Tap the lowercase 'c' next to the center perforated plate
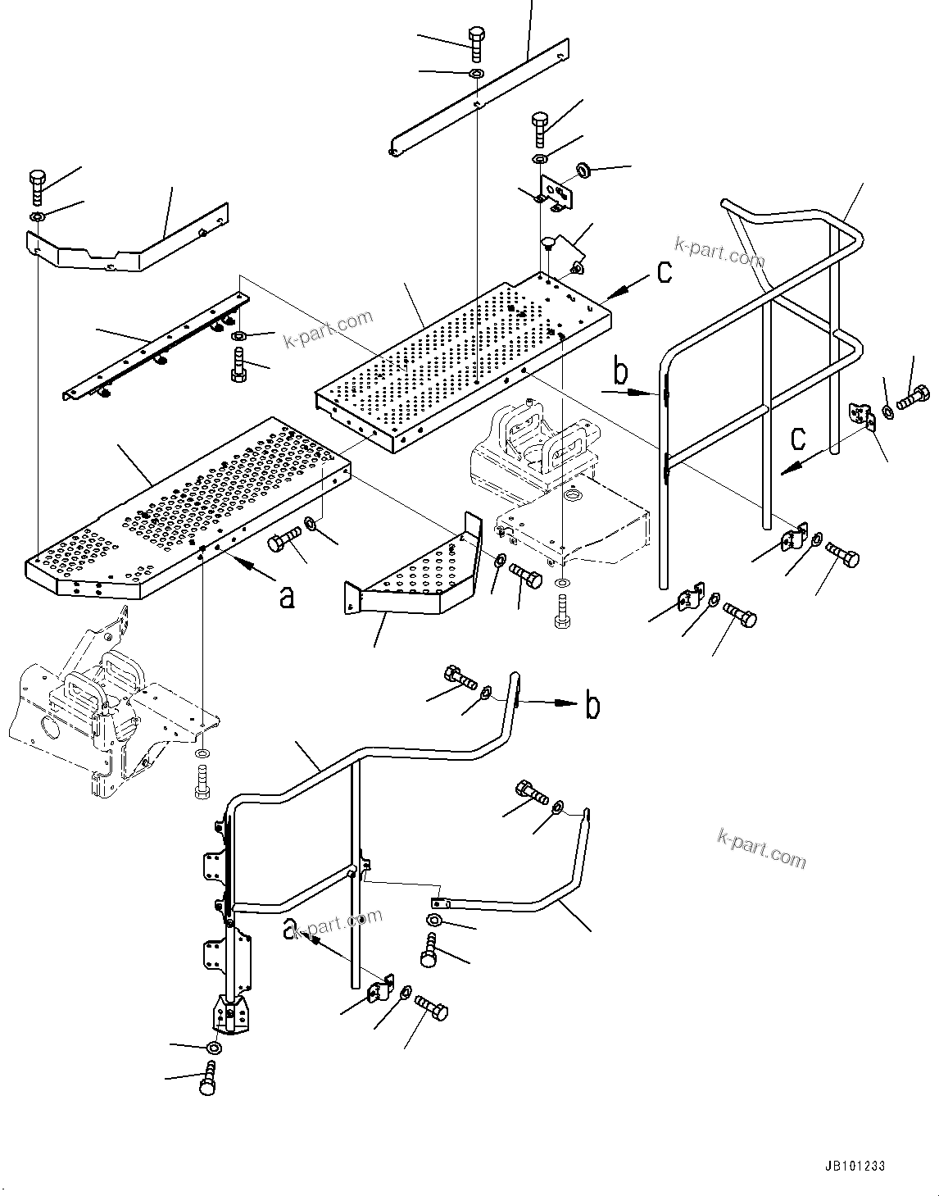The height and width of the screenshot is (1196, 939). pos(665,272)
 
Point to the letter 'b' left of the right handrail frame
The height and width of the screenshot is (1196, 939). pos(621,373)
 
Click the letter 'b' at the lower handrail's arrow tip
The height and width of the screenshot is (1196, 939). pos(592,706)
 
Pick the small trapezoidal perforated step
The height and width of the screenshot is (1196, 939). pos(418,574)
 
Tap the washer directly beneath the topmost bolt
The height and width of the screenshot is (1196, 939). pos(476,75)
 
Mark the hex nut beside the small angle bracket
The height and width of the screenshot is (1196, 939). pos(585,171)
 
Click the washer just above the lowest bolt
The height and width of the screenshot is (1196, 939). pos(214,1048)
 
